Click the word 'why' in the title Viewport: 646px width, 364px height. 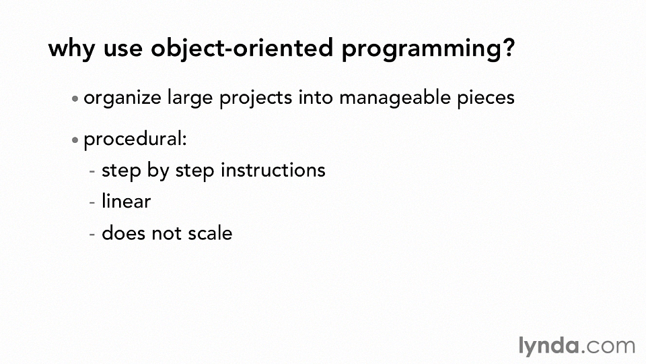pos(72,49)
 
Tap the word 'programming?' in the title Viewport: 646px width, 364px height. pos(429,49)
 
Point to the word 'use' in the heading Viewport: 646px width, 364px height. pos(122,49)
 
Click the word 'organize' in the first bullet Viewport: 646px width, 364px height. pos(122,99)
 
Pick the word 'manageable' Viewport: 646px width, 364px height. pos(395,98)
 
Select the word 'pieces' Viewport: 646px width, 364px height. pos(486,99)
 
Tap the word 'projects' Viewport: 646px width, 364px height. pos(256,99)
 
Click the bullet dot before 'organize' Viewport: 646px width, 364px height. pos(75,98)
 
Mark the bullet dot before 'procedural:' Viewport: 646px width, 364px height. pos(75,140)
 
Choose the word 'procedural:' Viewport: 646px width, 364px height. pos(135,140)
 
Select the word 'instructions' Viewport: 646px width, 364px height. pos(273,170)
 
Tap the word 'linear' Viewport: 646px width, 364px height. pos(126,202)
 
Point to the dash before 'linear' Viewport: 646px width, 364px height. pos(92,203)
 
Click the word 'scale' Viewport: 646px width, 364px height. pos(210,233)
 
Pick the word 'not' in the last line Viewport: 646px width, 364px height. pos(166,234)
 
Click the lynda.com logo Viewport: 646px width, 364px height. pos(577,346)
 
